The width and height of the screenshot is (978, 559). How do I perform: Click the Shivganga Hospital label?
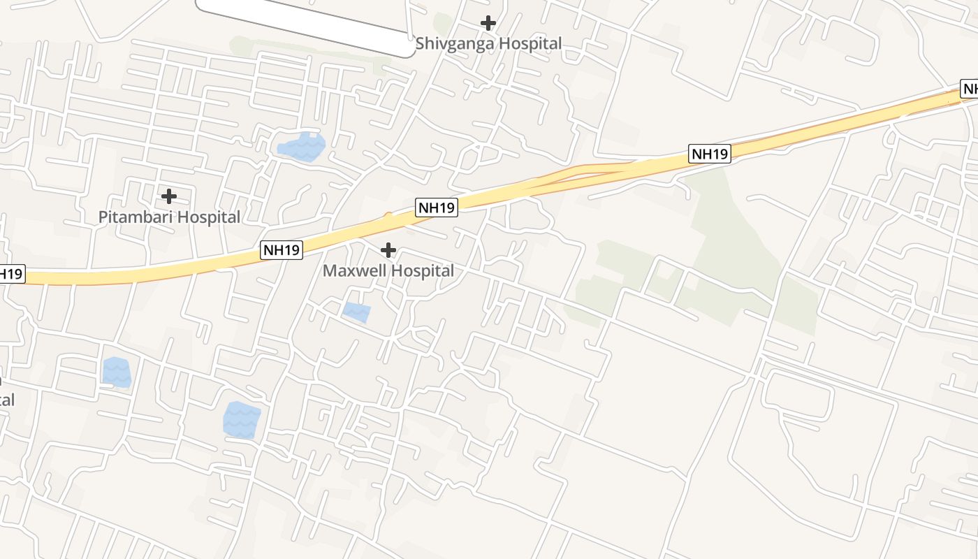[488, 43]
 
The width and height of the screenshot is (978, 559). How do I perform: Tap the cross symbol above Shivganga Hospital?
[488, 23]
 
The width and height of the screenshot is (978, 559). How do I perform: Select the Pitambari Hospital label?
[169, 217]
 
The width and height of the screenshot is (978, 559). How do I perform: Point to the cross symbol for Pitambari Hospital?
[168, 196]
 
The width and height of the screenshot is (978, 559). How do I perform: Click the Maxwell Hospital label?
[388, 270]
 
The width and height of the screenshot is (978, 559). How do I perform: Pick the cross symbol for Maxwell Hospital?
[388, 250]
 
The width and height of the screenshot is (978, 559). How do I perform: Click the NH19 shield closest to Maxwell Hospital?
[437, 208]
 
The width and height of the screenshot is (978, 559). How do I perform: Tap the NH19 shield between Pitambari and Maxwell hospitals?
[282, 249]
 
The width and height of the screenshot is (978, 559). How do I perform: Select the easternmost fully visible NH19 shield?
[710, 154]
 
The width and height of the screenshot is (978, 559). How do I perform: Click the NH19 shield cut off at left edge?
[11, 274]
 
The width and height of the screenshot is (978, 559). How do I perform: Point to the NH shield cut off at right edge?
[969, 89]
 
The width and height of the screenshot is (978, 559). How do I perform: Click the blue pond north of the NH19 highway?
[302, 147]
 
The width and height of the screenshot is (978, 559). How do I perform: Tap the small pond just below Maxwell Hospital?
[356, 312]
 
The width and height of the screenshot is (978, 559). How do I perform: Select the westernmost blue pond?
[116, 372]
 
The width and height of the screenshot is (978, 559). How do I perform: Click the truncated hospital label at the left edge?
[6, 400]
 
